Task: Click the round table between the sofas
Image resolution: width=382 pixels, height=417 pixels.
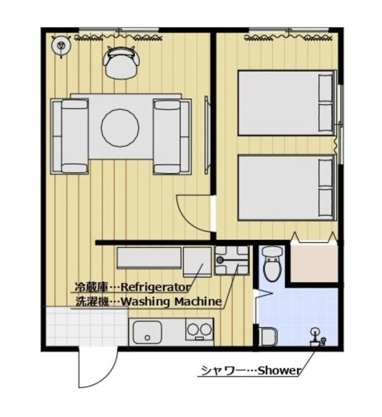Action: click(x=120, y=128)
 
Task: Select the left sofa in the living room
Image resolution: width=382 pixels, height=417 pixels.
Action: click(x=70, y=136)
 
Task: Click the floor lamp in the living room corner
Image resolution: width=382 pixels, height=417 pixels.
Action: click(x=61, y=46)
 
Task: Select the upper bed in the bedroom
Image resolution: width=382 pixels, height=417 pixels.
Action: click(x=286, y=103)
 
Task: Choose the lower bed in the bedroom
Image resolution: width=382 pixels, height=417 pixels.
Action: click(x=286, y=188)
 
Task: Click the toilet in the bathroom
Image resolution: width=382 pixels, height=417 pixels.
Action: click(x=270, y=264)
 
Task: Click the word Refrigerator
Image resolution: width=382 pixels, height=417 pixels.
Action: click(x=155, y=287)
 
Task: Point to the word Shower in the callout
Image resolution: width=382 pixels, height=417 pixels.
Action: click(x=279, y=371)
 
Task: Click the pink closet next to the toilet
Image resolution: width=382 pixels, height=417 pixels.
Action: click(x=314, y=263)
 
